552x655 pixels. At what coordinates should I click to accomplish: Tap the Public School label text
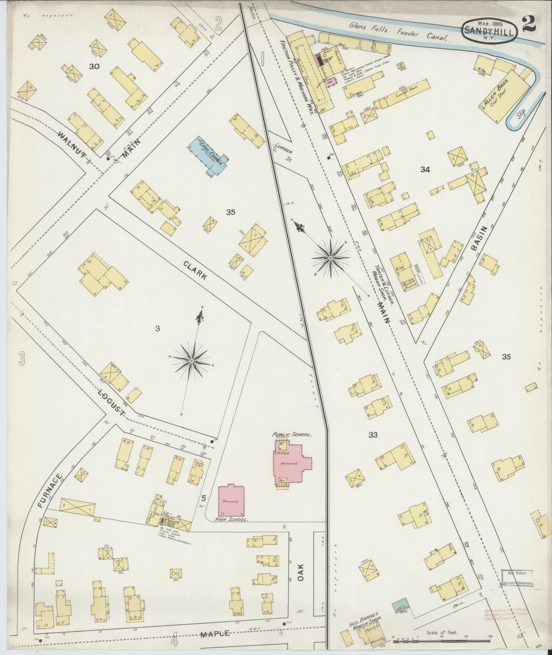coord(292,434)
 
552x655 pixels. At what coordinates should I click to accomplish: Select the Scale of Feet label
coord(442,633)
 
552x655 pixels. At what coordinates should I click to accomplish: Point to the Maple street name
coord(215,634)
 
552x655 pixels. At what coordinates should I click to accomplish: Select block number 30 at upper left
coord(94,66)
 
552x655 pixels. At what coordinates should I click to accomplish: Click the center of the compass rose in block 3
coord(192,361)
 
